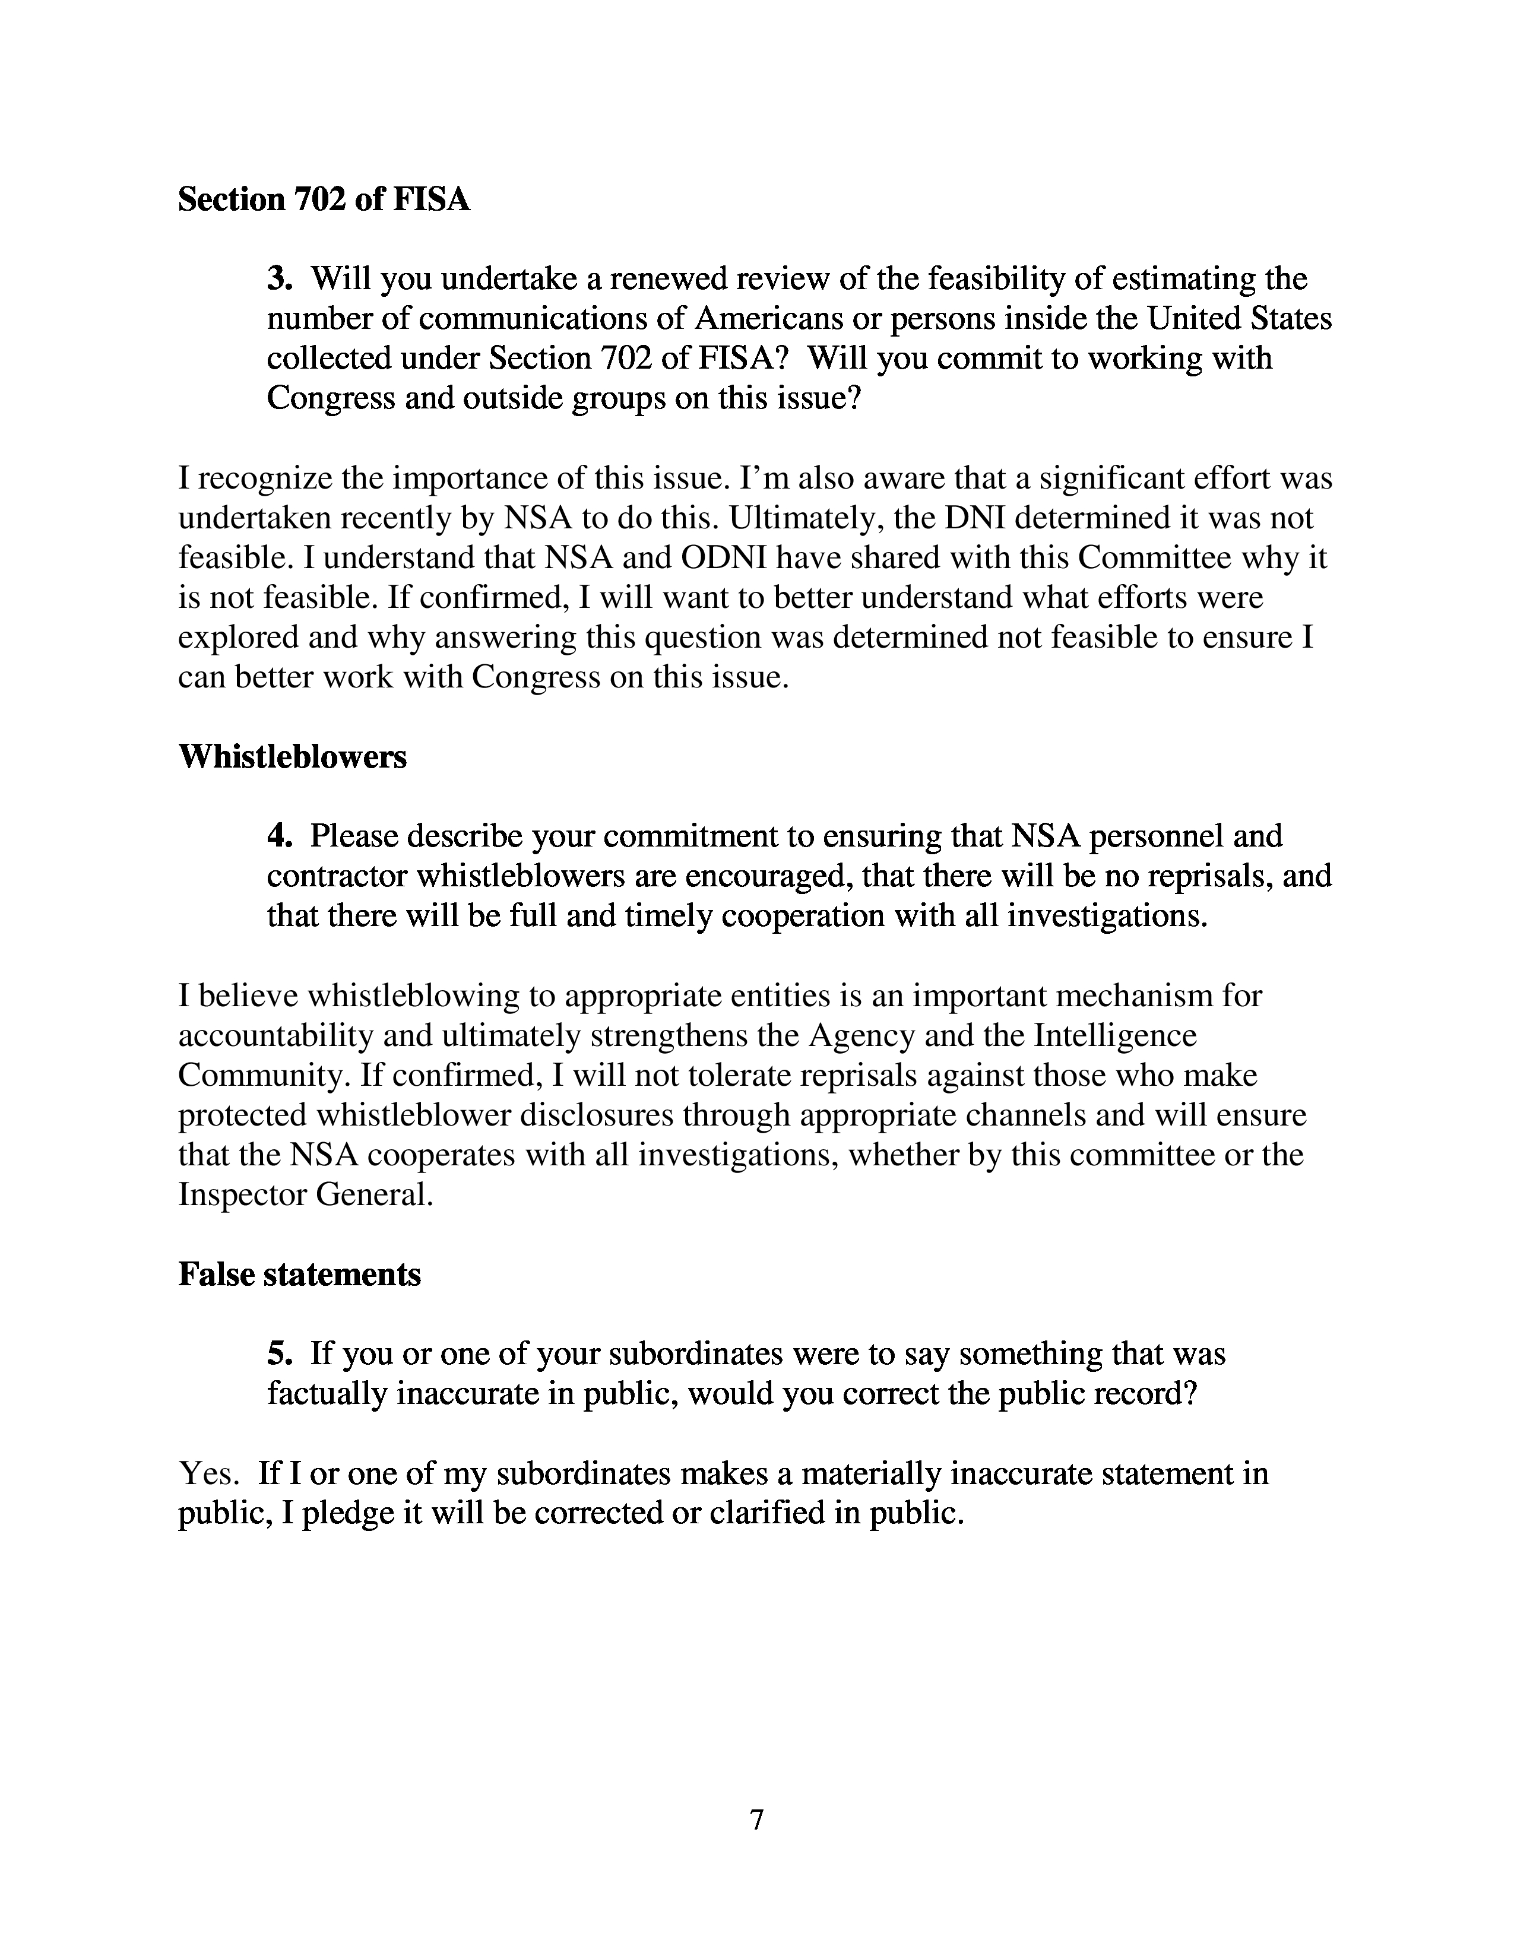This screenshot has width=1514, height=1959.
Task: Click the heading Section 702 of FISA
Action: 324,199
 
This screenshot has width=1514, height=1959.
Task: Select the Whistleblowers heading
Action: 292,756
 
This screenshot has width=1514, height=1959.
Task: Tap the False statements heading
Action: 300,1274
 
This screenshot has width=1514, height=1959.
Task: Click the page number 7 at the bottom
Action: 756,1820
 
